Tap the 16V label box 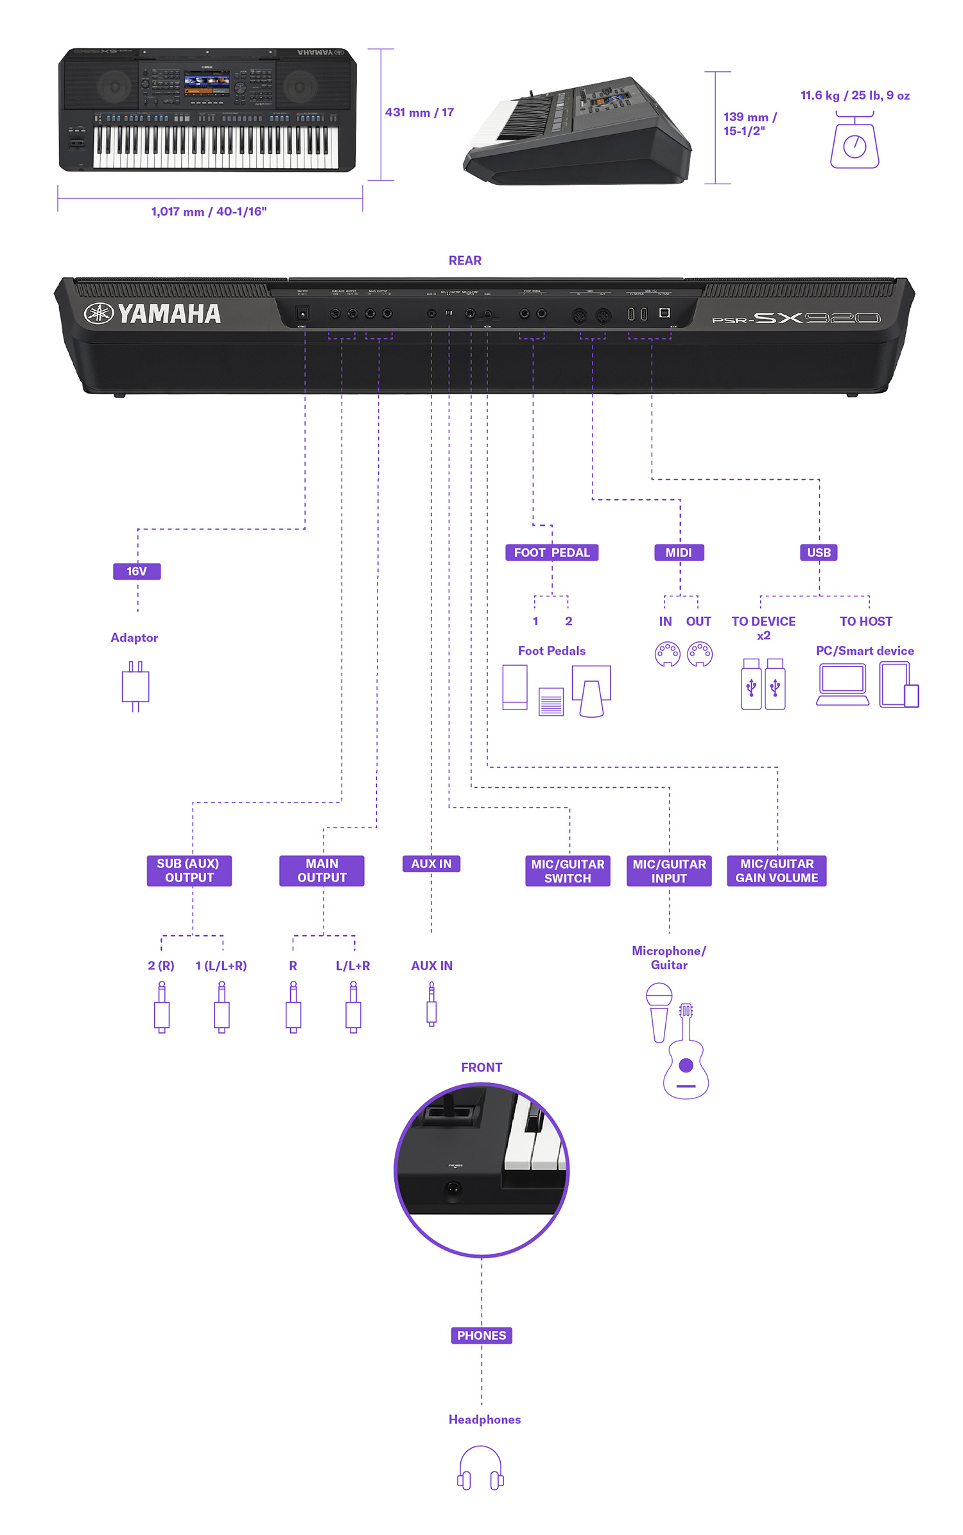point(137,571)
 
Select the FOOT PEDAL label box point(551,552)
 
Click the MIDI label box point(679,552)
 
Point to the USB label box point(819,552)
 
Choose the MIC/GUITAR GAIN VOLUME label point(776,871)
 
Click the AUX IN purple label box point(431,863)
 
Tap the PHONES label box point(481,1335)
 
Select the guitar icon point(686,1053)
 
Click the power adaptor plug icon point(135,686)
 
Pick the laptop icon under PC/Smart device point(842,684)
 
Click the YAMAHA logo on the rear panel point(153,313)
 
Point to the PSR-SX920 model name point(796,318)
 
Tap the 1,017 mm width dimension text point(209,211)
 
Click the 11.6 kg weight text point(855,95)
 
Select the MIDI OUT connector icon point(699,654)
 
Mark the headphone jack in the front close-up point(453,1189)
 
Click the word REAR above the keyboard point(465,260)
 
